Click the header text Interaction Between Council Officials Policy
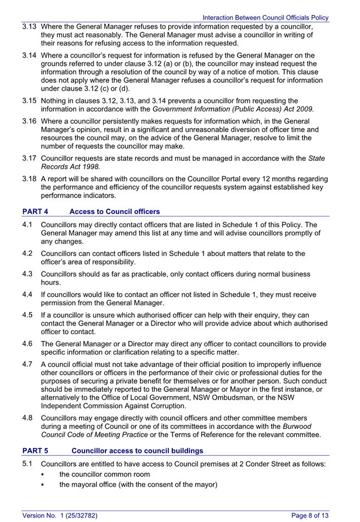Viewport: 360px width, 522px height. (x=266, y=18)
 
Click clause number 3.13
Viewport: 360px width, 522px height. (x=30, y=26)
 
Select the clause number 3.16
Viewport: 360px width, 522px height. (x=30, y=121)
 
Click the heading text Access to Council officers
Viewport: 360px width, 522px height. (x=115, y=211)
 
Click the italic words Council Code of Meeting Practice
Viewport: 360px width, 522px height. (x=94, y=435)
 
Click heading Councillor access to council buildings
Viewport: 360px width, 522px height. (x=137, y=451)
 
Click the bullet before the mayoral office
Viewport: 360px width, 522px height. (x=43, y=485)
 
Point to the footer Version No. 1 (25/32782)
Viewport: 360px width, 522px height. (x=60, y=515)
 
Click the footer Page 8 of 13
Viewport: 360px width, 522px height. (x=310, y=515)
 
